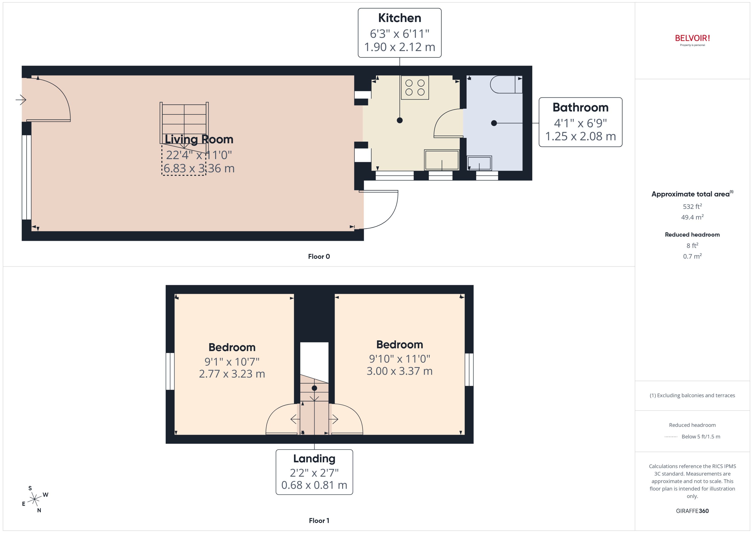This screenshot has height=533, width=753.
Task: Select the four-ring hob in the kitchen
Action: [415, 88]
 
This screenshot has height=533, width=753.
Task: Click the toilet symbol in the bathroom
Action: [506, 85]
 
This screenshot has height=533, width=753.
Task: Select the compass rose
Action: [34, 499]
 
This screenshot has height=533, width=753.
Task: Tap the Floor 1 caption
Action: [319, 521]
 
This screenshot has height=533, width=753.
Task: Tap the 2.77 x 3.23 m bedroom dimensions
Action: [232, 374]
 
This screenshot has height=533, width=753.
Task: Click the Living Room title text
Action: [199, 139]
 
